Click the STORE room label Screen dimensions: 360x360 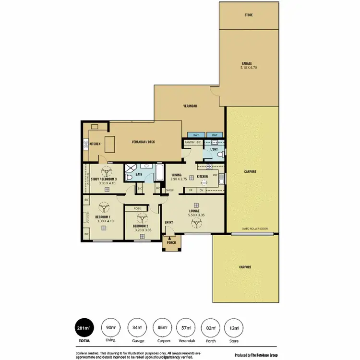point(248,15)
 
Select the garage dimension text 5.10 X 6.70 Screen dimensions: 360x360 point(249,68)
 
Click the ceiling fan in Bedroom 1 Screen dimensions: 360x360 point(103,207)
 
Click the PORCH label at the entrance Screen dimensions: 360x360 point(171,243)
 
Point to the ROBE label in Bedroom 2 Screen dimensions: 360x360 point(137,209)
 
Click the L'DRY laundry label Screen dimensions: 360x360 point(214,150)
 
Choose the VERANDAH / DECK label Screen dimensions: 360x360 point(144,142)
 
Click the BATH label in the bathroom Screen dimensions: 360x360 point(139,175)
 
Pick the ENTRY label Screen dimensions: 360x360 point(169,222)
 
